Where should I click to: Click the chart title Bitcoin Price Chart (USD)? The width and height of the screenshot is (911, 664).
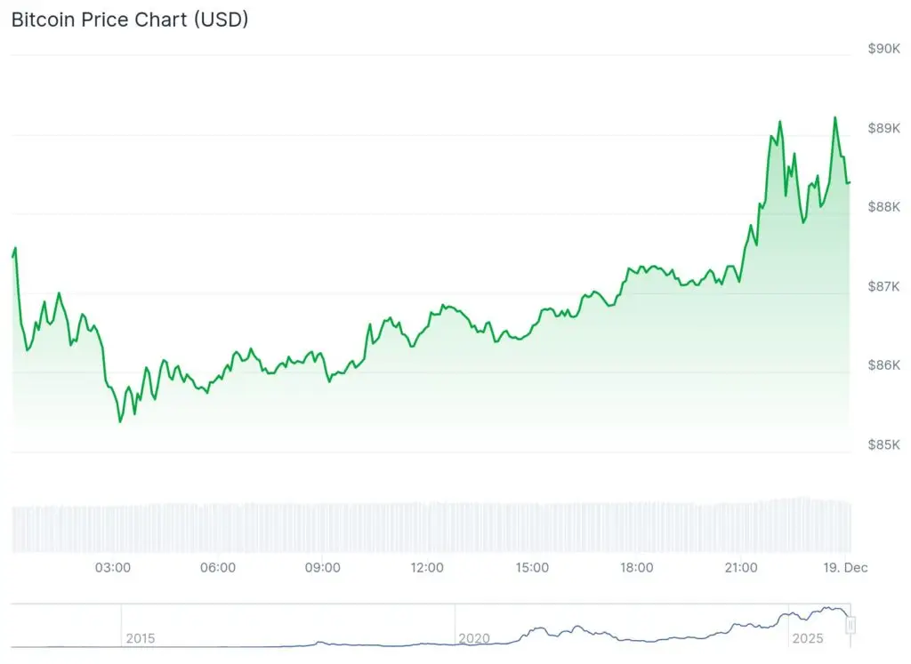click(130, 20)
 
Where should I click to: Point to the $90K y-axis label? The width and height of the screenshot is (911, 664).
click(883, 49)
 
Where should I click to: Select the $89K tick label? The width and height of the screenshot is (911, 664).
click(883, 128)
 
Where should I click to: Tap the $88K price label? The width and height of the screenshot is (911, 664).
click(883, 207)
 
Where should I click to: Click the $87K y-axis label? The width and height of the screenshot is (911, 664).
click(883, 286)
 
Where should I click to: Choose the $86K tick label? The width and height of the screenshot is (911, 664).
click(883, 365)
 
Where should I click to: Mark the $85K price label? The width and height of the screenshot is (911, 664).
click(883, 444)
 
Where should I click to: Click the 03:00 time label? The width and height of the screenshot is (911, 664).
click(113, 567)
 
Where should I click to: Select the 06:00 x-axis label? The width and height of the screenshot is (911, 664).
click(218, 567)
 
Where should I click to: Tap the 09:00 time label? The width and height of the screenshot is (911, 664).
click(322, 567)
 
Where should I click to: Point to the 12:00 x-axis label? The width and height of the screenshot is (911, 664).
click(427, 567)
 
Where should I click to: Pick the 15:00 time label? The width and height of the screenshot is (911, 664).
click(532, 567)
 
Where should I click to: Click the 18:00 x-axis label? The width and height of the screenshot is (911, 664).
click(637, 567)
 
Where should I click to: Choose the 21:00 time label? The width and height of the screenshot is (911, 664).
click(741, 567)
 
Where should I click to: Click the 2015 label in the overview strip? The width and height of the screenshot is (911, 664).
click(140, 638)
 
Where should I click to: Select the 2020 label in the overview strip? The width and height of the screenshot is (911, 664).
click(474, 638)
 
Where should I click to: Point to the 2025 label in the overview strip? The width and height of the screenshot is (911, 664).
click(808, 638)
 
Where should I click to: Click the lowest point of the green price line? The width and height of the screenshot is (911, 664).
click(120, 421)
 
